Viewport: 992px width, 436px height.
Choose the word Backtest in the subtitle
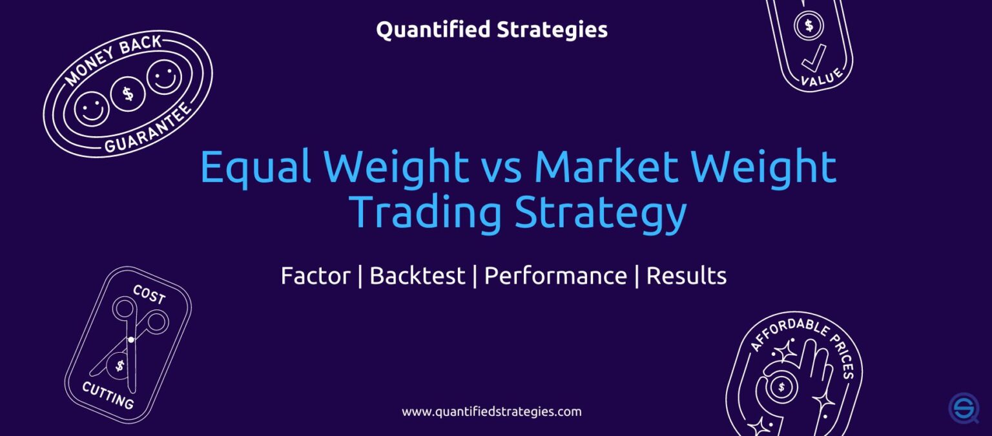tap(417, 276)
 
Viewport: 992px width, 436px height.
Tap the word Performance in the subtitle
tap(555, 276)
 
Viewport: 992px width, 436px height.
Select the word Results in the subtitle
tap(687, 276)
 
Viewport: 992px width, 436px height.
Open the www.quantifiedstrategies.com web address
tap(491, 411)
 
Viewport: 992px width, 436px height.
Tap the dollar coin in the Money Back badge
tap(127, 94)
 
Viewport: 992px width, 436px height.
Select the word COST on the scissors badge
tap(149, 295)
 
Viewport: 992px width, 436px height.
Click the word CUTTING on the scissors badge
tap(108, 395)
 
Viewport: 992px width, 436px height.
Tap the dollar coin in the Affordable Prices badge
tap(781, 388)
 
